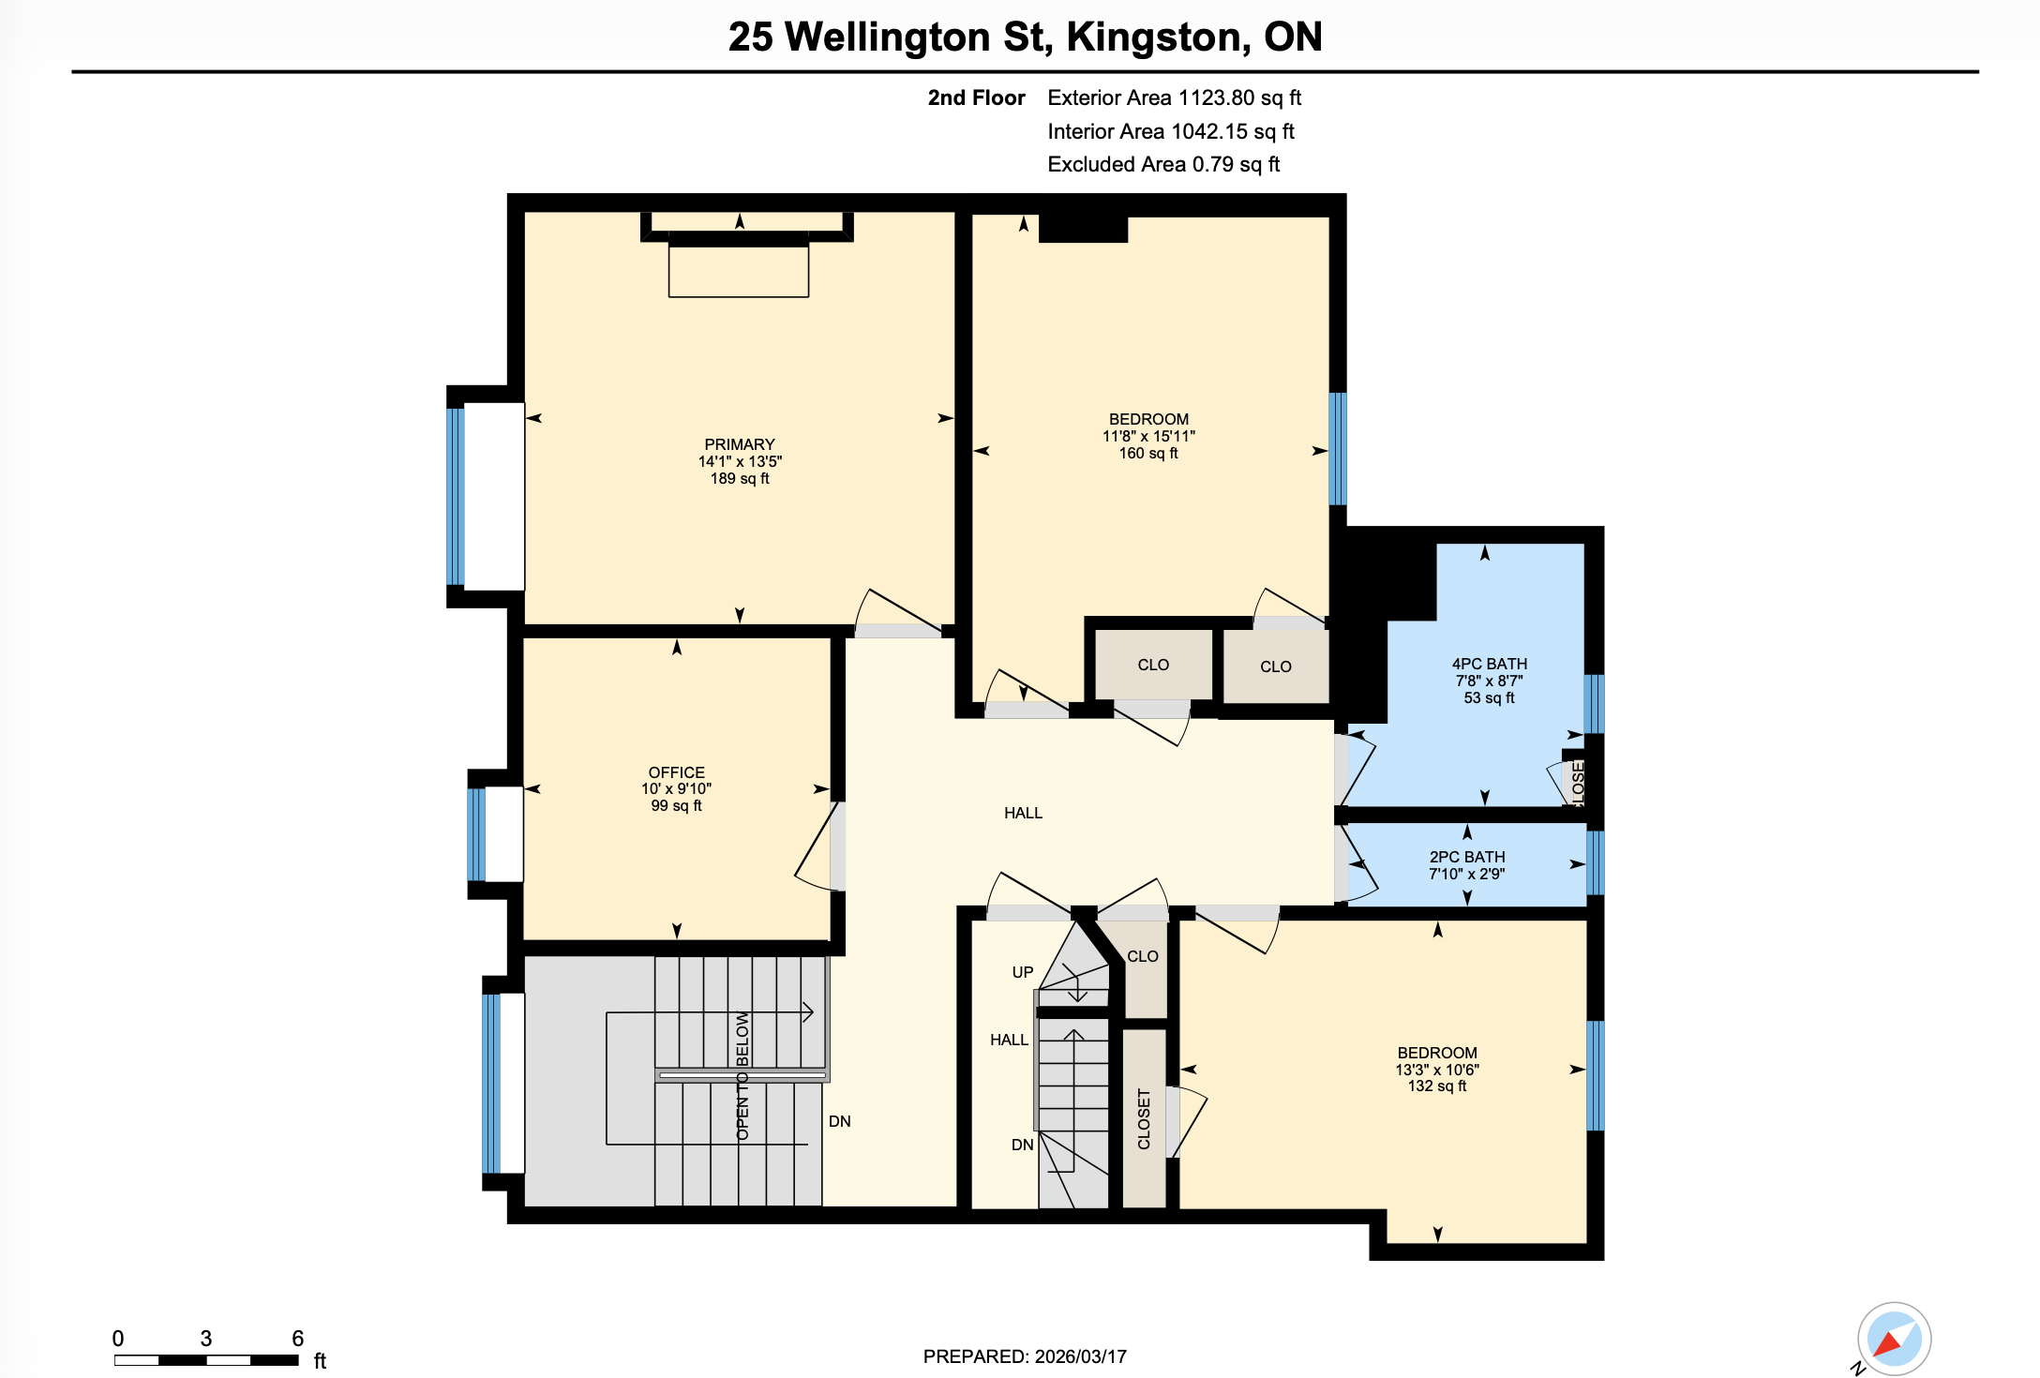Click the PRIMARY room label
tap(740, 444)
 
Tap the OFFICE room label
tap(676, 772)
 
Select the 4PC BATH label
tap(1489, 664)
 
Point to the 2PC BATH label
tap(1467, 857)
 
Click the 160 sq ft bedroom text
tap(1148, 454)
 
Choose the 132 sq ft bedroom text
tap(1436, 1086)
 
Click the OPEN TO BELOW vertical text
tap(742, 1076)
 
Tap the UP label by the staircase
tap(1022, 972)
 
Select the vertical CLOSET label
tap(1144, 1118)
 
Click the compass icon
tap(1894, 1339)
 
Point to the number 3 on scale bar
tap(205, 1338)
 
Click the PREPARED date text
tap(1025, 1356)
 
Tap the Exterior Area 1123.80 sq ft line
tap(1174, 97)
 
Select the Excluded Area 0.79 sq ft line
tap(1162, 164)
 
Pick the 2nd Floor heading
tap(976, 97)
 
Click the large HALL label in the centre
tap(1023, 813)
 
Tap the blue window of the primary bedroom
tap(456, 497)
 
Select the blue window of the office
tap(477, 834)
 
